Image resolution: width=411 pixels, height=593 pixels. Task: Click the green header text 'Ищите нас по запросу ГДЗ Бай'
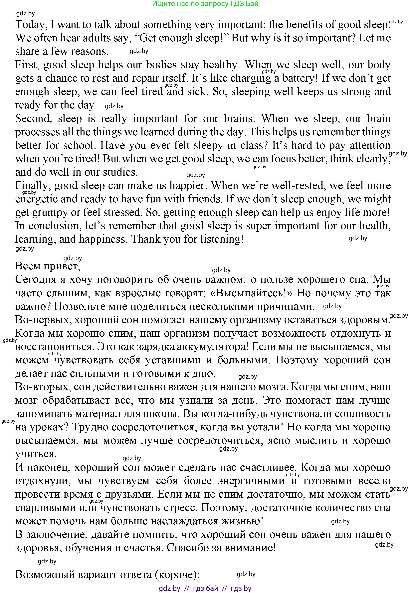(205, 4)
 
